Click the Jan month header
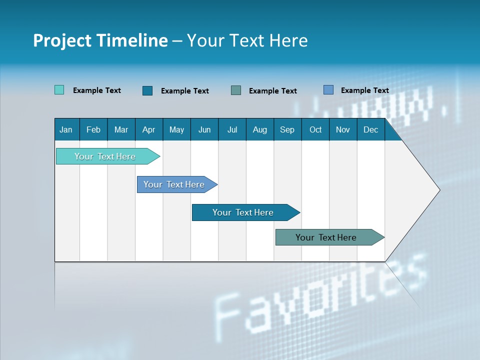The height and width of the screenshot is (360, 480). (x=66, y=129)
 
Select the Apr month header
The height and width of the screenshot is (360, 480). (x=148, y=129)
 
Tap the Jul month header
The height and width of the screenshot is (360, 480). (x=232, y=129)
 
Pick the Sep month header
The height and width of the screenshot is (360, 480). (x=287, y=129)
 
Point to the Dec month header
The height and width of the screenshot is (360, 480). (x=370, y=129)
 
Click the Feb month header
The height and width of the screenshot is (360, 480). (x=93, y=129)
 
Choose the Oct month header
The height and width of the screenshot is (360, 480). (x=315, y=129)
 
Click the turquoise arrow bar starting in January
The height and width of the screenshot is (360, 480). (x=105, y=156)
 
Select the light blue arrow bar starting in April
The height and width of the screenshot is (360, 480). (x=174, y=184)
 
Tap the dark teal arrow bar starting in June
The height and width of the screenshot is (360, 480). (x=243, y=212)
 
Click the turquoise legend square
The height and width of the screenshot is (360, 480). (x=59, y=90)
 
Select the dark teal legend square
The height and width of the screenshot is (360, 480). (x=147, y=90)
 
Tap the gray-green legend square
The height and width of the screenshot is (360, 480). (x=236, y=90)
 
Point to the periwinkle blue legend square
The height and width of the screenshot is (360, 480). (x=328, y=90)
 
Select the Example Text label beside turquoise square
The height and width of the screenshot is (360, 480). (x=97, y=90)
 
